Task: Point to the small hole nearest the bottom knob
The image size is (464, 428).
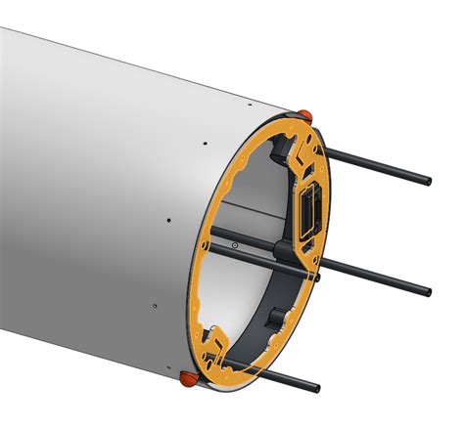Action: click(155, 305)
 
